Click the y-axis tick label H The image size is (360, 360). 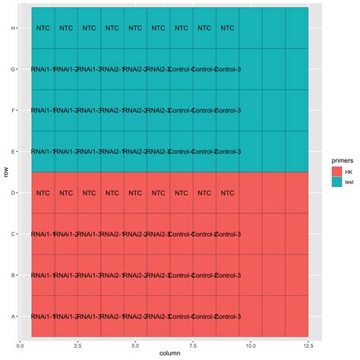pyautogui.click(x=12, y=29)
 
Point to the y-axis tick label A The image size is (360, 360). pyautogui.click(x=12, y=316)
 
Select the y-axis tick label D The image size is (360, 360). pyautogui.click(x=12, y=193)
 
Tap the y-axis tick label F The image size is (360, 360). pyautogui.click(x=12, y=111)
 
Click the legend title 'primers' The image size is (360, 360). pyautogui.click(x=332, y=161)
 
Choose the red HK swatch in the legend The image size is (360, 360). pyautogui.click(x=327, y=173)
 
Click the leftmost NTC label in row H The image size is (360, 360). pyautogui.click(x=43, y=29)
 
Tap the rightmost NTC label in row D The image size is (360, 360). pyautogui.click(x=227, y=193)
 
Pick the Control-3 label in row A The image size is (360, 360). pyautogui.click(x=227, y=316)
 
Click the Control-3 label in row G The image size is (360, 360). pyautogui.click(x=227, y=70)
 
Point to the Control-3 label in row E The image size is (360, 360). pyautogui.click(x=227, y=152)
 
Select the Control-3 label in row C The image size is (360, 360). pyautogui.click(x=227, y=234)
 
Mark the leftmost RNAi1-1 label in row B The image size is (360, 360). pyautogui.click(x=43, y=275)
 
